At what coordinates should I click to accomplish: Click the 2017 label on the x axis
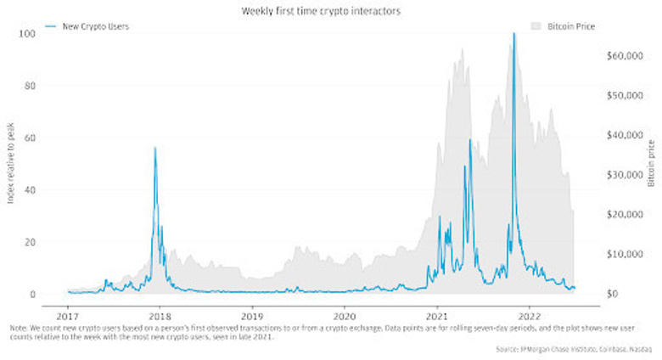pos(68,310)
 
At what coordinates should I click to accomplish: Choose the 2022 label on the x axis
pos(529,310)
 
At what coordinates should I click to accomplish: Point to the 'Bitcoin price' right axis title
pos(652,162)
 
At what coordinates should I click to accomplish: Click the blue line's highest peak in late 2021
pos(514,34)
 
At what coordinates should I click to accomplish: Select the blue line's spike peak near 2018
pos(154,149)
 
